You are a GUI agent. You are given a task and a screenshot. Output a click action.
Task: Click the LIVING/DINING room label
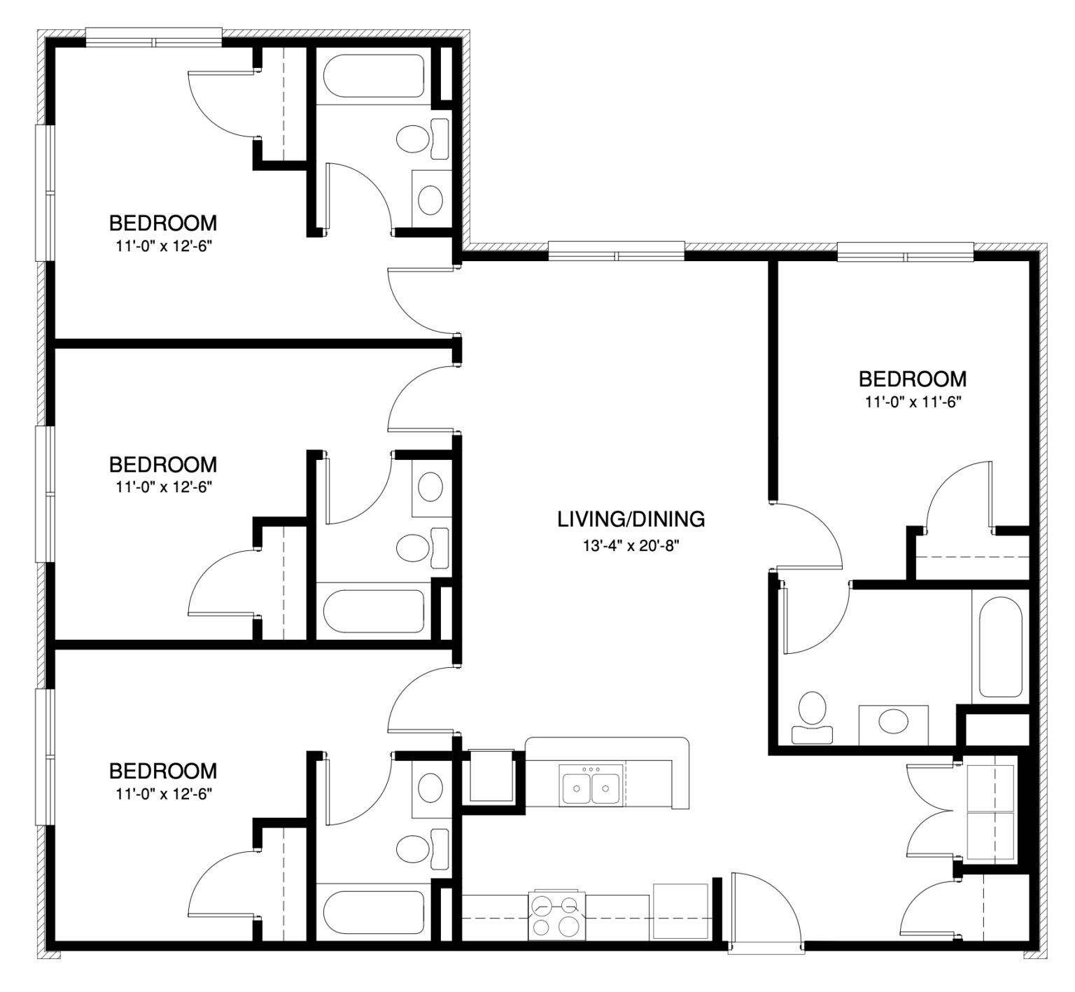coord(631,519)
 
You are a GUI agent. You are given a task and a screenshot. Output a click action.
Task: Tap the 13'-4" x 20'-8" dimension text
coord(631,545)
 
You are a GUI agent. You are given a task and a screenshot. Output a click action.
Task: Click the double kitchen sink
coord(591,785)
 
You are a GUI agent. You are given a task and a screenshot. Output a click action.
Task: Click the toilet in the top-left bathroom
coord(414,139)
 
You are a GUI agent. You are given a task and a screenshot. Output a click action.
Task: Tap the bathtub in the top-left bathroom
coord(373,76)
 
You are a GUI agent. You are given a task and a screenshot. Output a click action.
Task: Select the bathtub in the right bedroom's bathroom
coord(1001,646)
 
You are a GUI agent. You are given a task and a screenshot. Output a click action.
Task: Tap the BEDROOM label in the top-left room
coord(162,223)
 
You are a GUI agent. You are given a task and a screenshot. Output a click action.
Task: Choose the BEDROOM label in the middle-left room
coord(162,464)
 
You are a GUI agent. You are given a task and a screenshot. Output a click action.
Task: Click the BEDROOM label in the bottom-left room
coord(162,771)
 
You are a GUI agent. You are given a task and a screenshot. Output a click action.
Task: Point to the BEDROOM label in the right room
coord(912,379)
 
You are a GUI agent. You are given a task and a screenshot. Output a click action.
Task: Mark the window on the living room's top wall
coord(616,251)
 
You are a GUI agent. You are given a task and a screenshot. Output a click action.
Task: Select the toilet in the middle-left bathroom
coord(414,547)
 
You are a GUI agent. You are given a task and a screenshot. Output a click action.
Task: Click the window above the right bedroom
coord(905,251)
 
